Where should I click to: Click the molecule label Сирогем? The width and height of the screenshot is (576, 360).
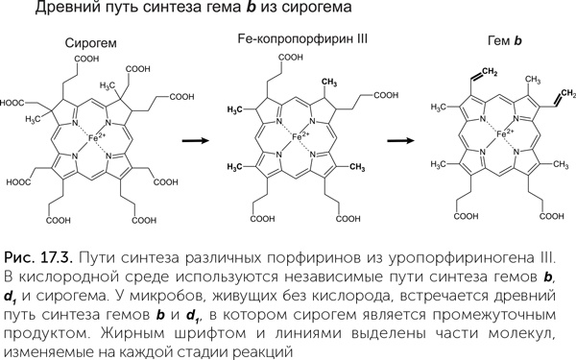point(91,43)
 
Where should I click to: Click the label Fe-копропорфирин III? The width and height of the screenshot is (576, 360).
point(302,39)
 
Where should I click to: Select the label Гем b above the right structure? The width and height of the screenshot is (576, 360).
point(504,40)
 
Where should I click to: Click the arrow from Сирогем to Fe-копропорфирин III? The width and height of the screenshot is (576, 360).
point(196,141)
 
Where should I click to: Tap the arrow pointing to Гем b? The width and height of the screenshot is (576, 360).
point(400,141)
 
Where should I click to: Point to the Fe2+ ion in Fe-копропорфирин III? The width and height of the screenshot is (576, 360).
point(300,136)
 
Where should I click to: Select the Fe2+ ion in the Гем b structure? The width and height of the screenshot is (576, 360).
point(505,134)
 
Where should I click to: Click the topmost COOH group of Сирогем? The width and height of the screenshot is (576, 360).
point(86,59)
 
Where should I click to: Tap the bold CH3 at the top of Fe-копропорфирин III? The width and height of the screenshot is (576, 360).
point(329,83)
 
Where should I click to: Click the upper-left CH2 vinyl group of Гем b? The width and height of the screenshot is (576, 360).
point(489,72)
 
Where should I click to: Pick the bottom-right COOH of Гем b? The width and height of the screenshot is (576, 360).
point(552,216)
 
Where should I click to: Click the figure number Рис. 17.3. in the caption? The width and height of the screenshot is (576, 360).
point(37,258)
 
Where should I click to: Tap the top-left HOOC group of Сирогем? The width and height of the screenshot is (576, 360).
point(12,103)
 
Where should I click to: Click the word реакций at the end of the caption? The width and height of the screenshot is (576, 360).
point(265,352)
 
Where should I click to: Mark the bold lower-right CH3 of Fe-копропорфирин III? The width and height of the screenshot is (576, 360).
point(357,167)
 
